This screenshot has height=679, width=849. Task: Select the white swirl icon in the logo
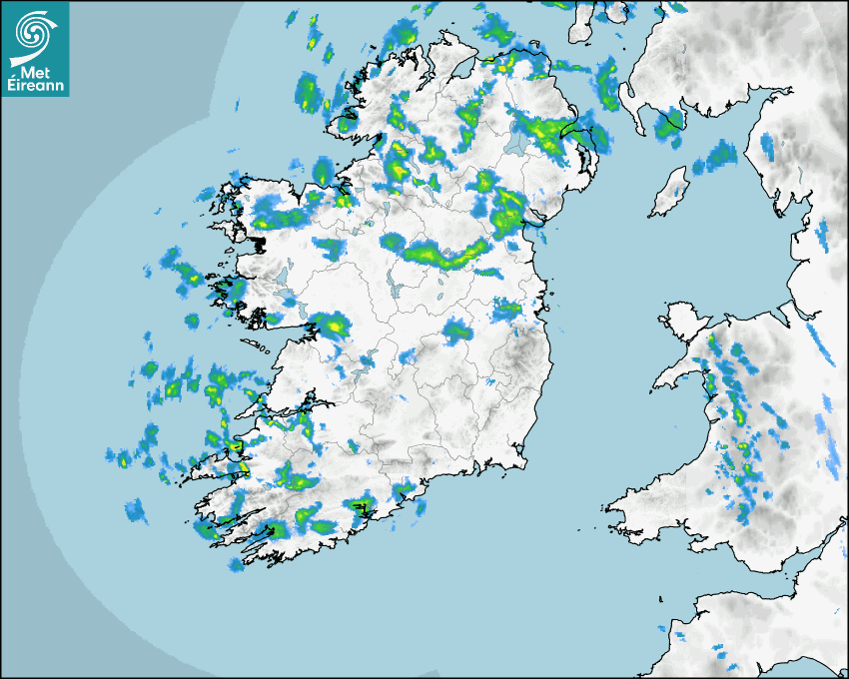pos(35,33)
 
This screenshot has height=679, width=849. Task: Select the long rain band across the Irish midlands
pos(444,254)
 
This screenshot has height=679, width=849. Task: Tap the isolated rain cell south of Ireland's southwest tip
pos(236,565)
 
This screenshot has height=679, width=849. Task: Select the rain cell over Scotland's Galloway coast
pos(669,123)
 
